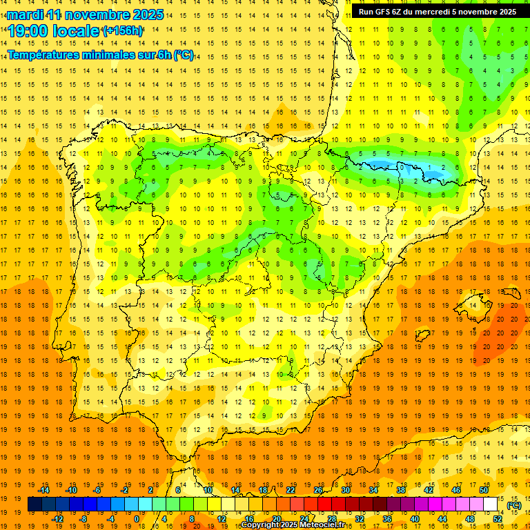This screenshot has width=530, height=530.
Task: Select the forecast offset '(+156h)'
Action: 123,31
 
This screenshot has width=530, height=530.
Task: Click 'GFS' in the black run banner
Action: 385,12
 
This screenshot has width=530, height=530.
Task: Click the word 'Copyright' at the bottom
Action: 260,525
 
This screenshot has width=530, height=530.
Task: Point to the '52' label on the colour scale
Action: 498,519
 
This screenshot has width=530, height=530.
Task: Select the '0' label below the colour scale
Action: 137,519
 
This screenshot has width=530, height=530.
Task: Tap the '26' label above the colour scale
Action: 318,490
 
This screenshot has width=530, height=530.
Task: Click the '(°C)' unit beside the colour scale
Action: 514,505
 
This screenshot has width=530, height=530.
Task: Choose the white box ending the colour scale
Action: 491,504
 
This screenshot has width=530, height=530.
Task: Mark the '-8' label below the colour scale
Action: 83,519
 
